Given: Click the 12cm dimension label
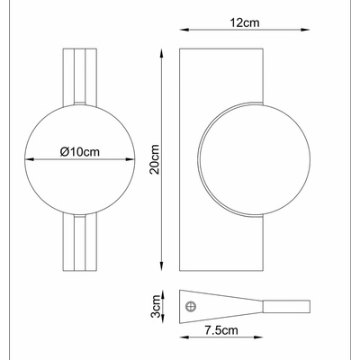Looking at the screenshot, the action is click(245, 22).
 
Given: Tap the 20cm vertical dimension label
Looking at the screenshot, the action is click(155, 159).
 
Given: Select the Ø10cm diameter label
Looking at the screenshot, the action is click(79, 152).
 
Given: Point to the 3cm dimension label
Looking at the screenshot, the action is click(156, 306).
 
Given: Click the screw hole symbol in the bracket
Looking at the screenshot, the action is click(191, 307).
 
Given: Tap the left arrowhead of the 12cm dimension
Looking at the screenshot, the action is click(184, 30).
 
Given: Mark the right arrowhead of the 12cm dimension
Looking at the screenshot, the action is click(305, 30).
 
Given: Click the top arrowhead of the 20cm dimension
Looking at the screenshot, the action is click(161, 53).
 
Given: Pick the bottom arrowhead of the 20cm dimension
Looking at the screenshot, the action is click(161, 266).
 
